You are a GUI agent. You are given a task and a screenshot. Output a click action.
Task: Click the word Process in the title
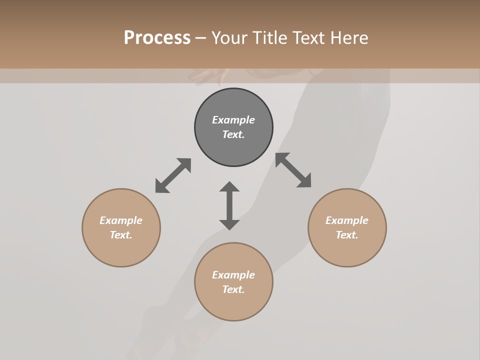[157, 37]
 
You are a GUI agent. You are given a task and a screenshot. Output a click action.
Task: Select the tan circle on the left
[121, 250]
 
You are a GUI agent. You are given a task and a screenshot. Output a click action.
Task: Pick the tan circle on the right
[347, 250]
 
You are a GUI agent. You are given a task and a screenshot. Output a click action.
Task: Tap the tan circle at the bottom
[233, 305]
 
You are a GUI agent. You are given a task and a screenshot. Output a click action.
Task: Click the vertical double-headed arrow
[229, 205]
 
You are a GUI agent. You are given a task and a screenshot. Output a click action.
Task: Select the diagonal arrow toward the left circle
[173, 175]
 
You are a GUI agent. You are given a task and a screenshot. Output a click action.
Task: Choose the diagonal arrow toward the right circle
[293, 170]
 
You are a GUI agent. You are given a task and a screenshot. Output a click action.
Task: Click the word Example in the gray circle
[233, 120]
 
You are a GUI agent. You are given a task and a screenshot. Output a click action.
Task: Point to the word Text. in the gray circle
[233, 134]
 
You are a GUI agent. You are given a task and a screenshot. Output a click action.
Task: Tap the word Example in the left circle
[121, 220]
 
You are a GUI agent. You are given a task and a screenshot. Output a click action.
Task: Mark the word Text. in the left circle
[121, 235]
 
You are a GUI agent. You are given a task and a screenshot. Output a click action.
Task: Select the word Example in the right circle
[347, 220]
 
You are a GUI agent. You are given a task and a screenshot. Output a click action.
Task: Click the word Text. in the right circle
[347, 235]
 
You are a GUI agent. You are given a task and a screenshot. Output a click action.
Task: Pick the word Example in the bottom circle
[233, 275]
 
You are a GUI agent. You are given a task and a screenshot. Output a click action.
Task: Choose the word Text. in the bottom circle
[233, 289]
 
